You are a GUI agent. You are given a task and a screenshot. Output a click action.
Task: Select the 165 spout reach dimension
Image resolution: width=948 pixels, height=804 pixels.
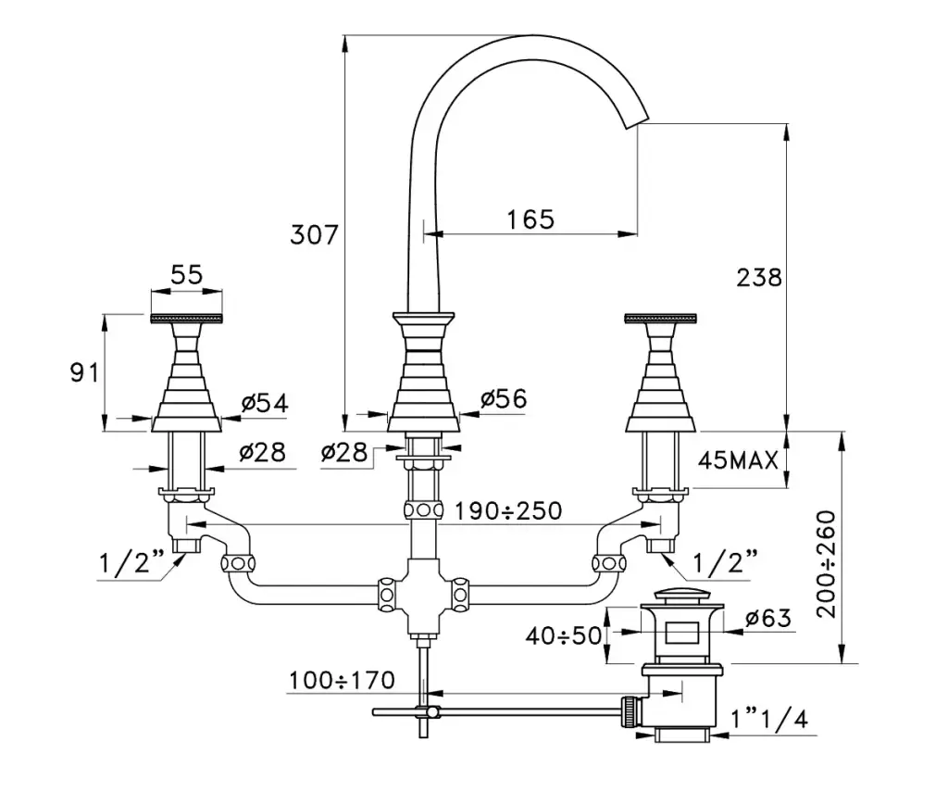point(530,220)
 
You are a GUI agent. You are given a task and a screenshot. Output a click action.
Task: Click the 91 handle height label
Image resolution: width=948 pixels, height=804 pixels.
point(85,372)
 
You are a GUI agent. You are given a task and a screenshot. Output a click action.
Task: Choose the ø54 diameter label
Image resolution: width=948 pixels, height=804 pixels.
point(264,403)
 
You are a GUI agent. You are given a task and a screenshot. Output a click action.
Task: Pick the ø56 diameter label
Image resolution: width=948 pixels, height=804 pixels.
point(503,398)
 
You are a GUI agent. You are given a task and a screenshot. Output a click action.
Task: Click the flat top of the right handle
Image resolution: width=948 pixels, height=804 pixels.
point(660,319)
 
